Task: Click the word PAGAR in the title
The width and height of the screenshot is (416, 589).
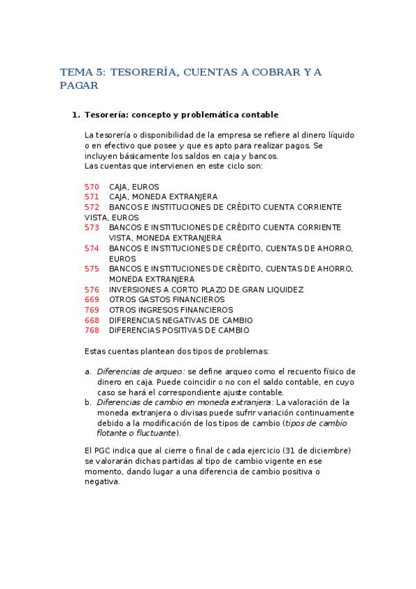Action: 79,86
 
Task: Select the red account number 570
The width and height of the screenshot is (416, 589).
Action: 92,187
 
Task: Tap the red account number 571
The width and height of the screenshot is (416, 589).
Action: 92,197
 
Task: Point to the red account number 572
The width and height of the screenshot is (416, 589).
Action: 92,207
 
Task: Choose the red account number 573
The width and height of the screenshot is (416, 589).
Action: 92,228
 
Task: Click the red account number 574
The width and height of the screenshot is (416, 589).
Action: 92,248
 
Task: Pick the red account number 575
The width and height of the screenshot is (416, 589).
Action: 92,269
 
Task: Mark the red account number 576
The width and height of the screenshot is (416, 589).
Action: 92,290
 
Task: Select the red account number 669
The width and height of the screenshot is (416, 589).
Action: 92,299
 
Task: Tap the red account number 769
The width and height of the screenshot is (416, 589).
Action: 92,310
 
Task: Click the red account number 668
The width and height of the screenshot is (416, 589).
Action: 92,320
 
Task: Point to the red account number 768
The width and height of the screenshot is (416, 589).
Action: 92,331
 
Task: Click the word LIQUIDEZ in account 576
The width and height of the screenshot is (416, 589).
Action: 285,290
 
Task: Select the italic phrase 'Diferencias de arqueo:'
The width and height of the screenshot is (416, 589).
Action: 140,372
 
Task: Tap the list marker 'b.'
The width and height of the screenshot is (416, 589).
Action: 88,402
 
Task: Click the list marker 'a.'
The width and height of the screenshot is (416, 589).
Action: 88,372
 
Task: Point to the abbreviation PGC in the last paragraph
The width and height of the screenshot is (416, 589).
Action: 103,451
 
